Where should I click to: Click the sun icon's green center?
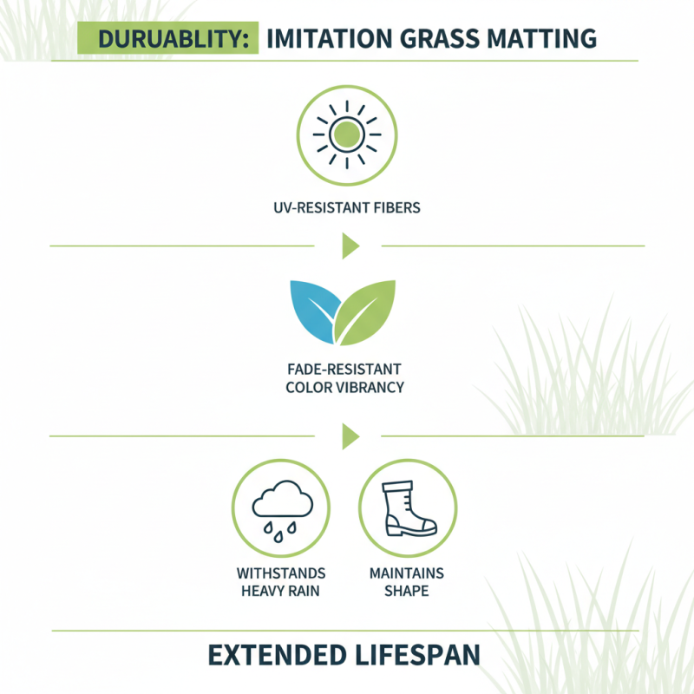coord(347,135)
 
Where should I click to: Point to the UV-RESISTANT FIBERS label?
coord(347,208)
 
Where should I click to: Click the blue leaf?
coord(312,311)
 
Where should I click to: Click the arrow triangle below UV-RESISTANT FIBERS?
coord(350,246)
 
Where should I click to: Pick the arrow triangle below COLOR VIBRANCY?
coord(350,435)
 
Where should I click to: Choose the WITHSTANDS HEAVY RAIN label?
coord(281,582)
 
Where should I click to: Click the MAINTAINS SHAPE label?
coord(407,582)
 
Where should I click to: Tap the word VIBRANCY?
coord(370,388)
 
